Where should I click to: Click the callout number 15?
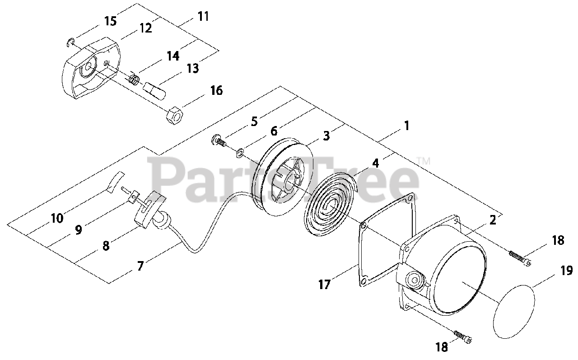click(110, 21)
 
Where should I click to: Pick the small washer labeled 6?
click(240, 152)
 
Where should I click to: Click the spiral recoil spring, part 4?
click(330, 203)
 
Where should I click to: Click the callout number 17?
click(324, 285)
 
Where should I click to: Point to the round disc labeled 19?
click(515, 312)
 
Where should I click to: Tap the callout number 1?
click(406, 126)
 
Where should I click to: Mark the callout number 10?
click(57, 219)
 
